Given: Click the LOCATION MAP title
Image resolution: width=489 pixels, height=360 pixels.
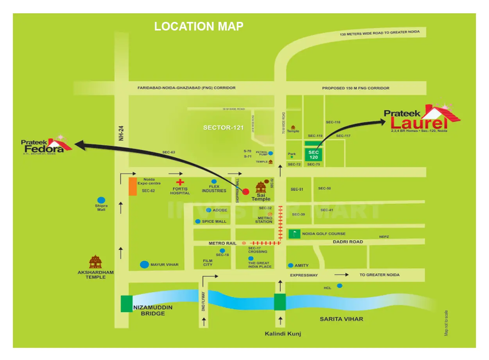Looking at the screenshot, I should [199, 26].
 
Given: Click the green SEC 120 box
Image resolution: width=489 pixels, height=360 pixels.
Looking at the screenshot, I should [314, 154].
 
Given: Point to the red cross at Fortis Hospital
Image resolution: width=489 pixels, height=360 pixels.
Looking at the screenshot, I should [180, 182].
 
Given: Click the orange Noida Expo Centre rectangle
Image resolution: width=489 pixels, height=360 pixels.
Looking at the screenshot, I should [133, 186].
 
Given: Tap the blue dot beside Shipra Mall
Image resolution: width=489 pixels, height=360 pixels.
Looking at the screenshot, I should [101, 200].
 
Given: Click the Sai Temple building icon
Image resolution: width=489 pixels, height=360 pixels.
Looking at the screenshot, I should [261, 188].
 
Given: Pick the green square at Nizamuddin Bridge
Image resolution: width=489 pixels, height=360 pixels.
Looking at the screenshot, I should [126, 304].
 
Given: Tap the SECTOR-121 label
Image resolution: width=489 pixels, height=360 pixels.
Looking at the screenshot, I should [223, 128].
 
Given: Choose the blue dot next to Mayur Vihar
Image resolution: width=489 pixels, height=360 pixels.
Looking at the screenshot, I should [144, 265].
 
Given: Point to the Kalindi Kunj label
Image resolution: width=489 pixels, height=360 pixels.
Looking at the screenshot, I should [283, 333].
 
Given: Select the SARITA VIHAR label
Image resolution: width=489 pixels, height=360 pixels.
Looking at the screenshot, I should [341, 319].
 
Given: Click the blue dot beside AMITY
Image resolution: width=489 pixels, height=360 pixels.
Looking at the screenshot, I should [290, 265].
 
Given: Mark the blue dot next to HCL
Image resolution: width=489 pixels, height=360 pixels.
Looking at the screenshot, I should [340, 286].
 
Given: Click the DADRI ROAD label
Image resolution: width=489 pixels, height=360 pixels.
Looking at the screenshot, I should [348, 242].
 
